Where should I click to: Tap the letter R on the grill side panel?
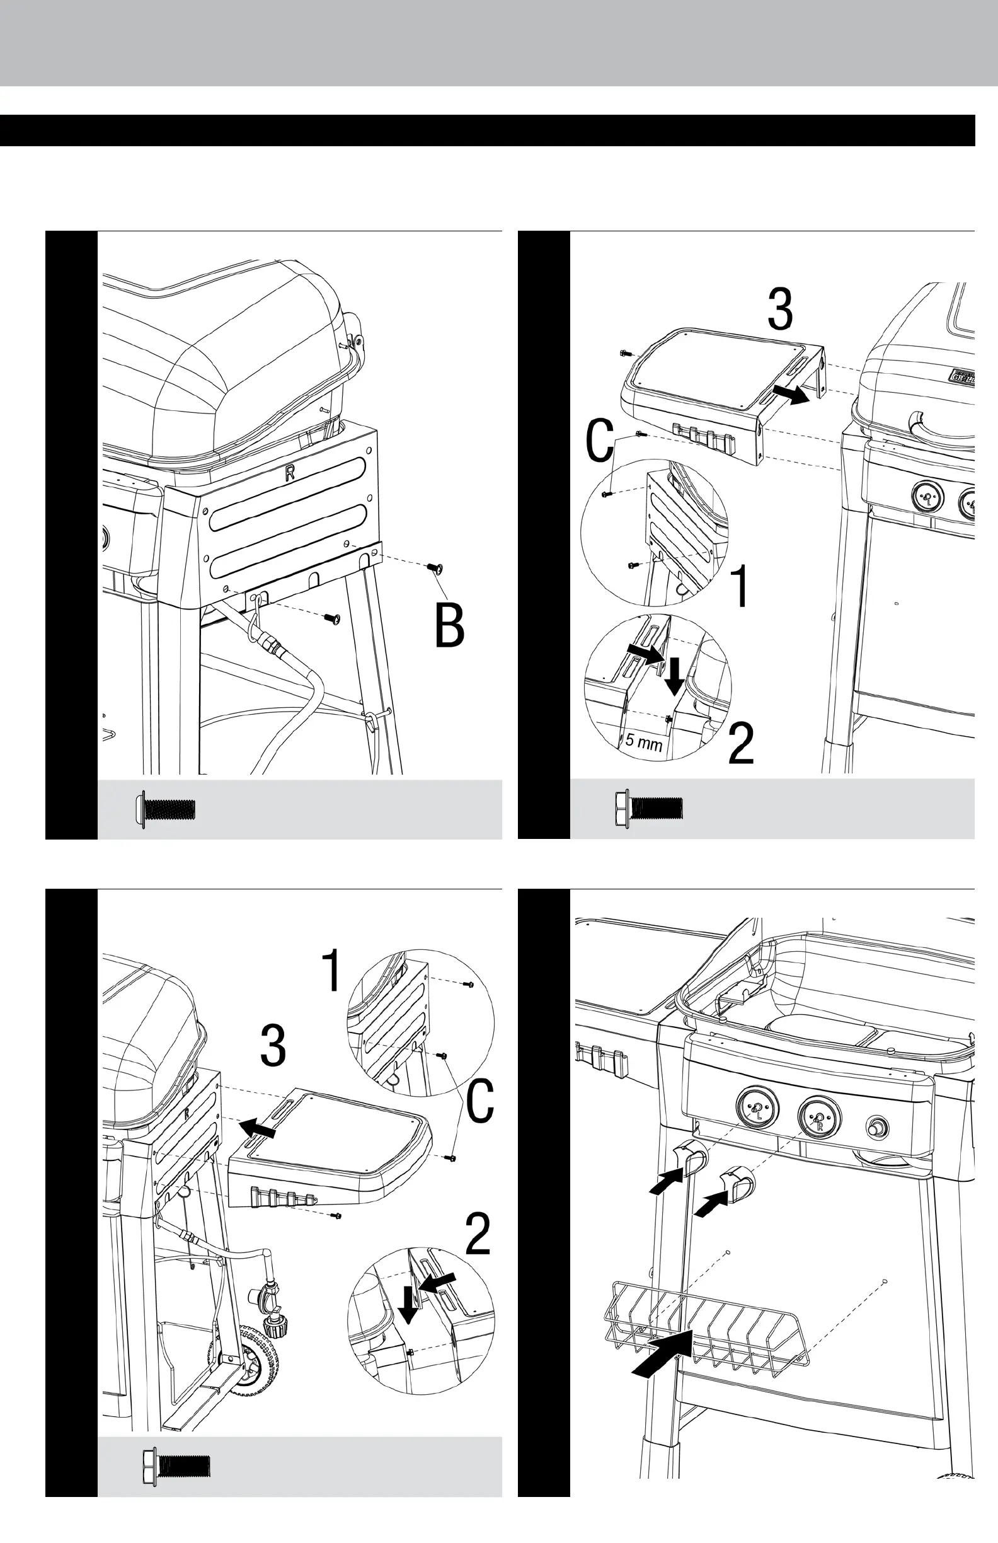pyautogui.click(x=290, y=473)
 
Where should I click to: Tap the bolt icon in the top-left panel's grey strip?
pyautogui.click(x=166, y=809)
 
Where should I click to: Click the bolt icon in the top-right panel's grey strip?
pyautogui.click(x=648, y=809)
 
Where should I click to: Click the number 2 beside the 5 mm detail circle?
pyautogui.click(x=741, y=744)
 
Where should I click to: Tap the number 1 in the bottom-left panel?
pyautogui.click(x=332, y=971)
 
